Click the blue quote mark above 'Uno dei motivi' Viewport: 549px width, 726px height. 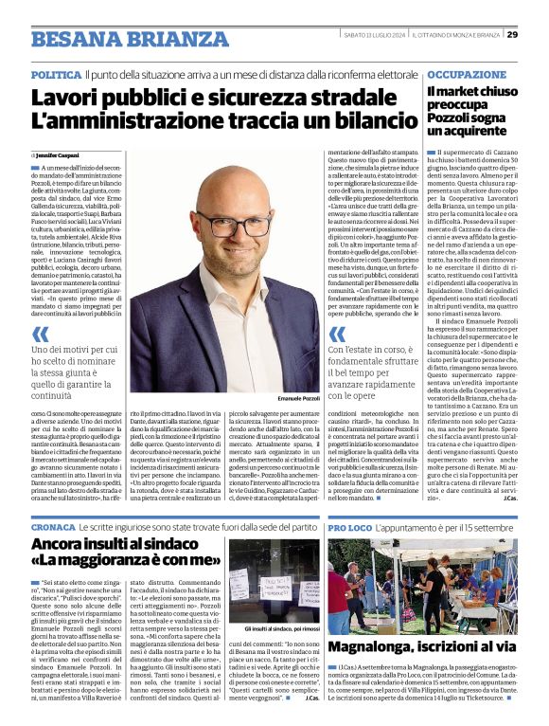coord(40,334)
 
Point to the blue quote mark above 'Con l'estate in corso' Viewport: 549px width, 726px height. coord(337,334)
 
